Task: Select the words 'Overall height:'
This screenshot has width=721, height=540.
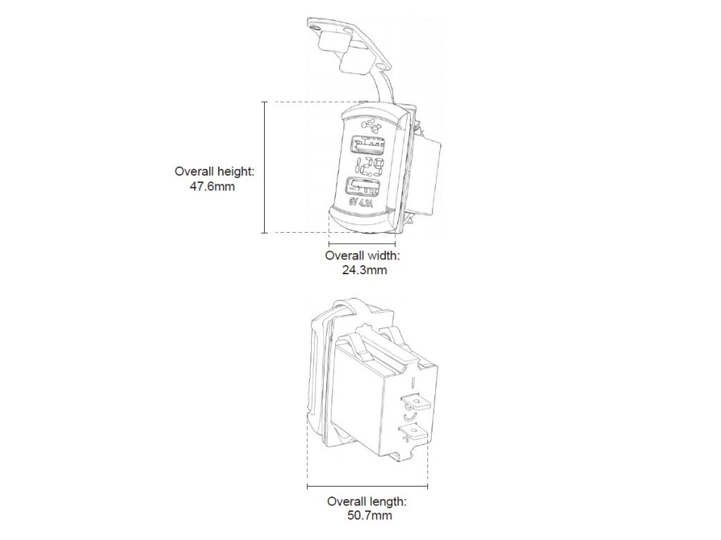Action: point(214,172)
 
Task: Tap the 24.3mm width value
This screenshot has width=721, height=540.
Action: point(363,269)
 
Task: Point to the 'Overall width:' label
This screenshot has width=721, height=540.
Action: point(363,255)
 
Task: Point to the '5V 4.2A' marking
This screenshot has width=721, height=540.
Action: point(362,204)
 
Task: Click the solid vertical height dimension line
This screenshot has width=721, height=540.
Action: point(265,167)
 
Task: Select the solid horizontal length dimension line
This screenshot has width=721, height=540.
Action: point(368,486)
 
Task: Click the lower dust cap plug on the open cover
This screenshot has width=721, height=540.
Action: point(356,65)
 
